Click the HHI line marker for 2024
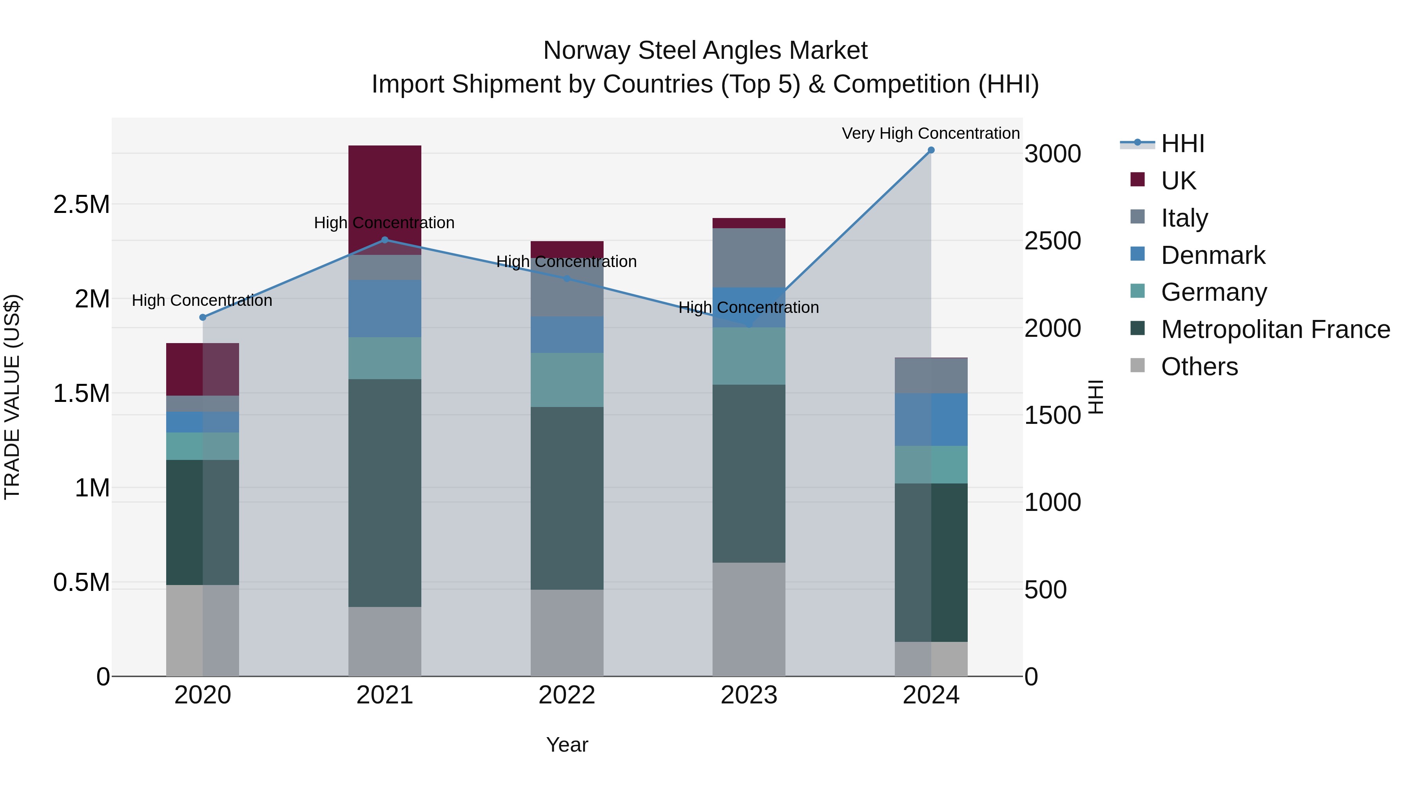pos(930,150)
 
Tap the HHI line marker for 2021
pos(384,240)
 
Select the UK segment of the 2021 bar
pos(384,192)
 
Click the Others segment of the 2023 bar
pos(749,619)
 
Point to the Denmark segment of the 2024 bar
pos(930,419)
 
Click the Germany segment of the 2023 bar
pos(749,356)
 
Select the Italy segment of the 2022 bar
pos(567,288)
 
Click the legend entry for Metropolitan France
pos(1275,329)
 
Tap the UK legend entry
pos(1178,181)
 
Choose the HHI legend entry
pos(1182,144)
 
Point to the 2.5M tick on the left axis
pos(82,204)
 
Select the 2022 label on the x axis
pos(567,695)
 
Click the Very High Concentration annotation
pos(930,133)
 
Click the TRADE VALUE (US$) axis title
pos(12,397)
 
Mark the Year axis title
pos(567,745)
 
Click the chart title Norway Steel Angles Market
pos(705,51)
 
